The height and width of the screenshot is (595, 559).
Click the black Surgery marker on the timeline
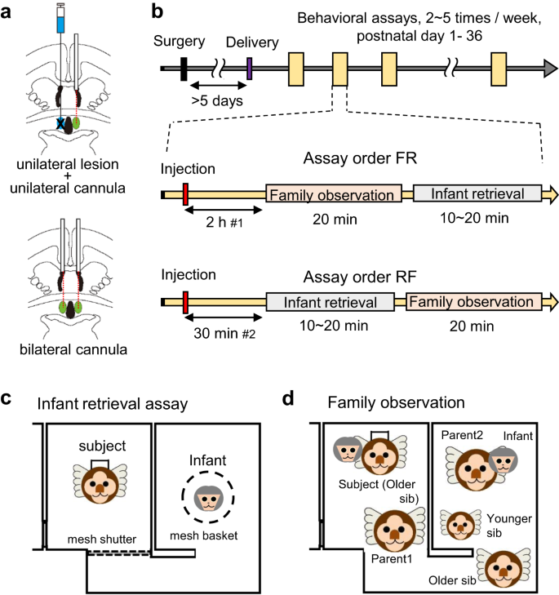click(x=184, y=70)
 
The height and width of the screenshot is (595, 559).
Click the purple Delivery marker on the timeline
click(x=249, y=70)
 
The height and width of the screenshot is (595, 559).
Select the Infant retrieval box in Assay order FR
click(x=478, y=194)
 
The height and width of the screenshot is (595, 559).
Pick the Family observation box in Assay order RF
click(x=474, y=301)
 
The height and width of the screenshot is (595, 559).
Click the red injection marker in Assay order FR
click(x=185, y=195)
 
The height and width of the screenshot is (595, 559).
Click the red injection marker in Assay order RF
click(x=185, y=302)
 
